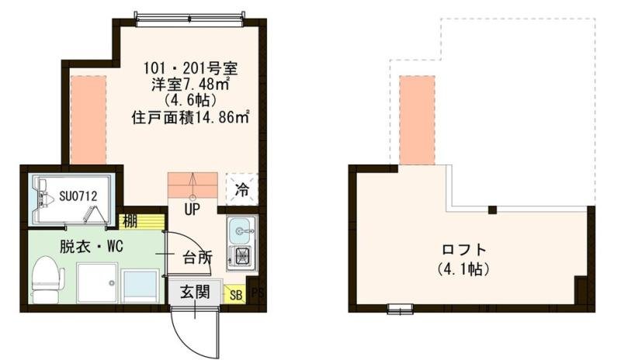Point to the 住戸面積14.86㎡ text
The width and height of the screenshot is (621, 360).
tap(190, 118)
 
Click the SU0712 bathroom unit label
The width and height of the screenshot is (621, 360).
tap(78, 196)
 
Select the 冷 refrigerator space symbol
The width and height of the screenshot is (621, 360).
tap(242, 189)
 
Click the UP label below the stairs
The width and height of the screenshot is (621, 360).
tap(192, 209)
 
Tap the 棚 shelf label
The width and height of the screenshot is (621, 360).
tap(129, 221)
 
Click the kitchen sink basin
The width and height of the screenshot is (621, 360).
tap(240, 229)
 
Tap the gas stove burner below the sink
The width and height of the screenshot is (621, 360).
tap(240, 256)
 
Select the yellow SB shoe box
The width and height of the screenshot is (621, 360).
tap(234, 294)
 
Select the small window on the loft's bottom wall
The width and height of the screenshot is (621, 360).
tap(400, 310)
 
